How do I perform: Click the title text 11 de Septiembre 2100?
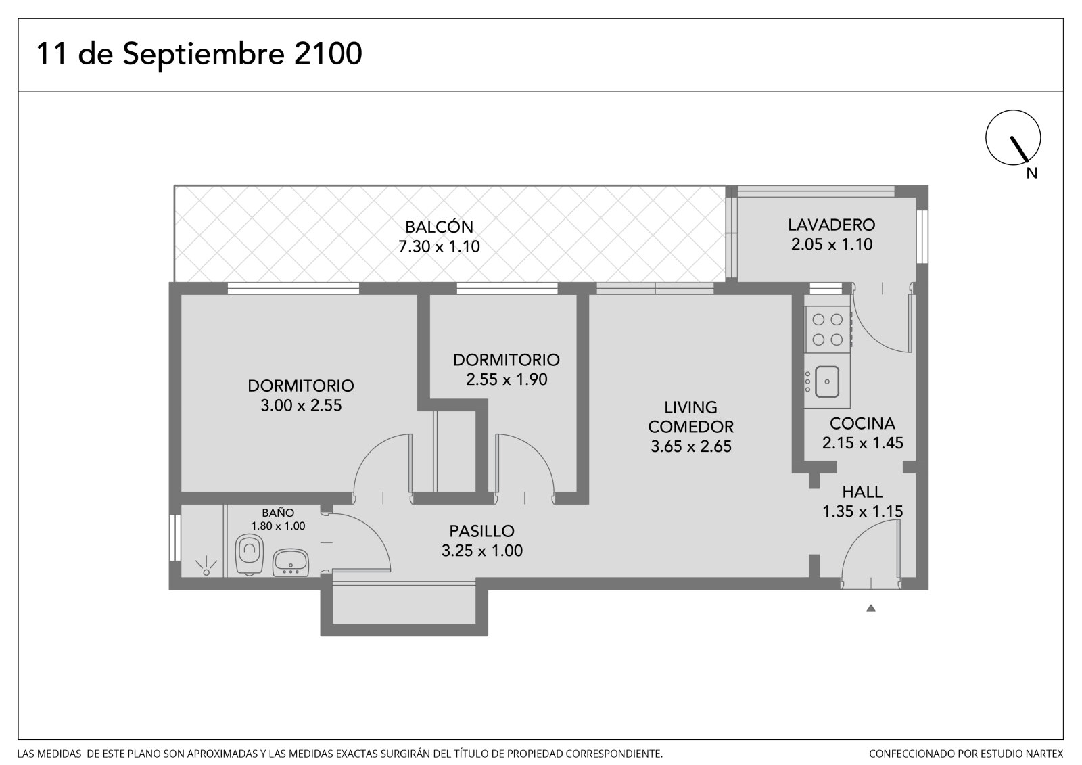pyautogui.click(x=199, y=53)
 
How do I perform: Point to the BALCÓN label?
pyautogui.click(x=439, y=227)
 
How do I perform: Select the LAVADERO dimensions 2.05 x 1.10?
pyautogui.click(x=831, y=245)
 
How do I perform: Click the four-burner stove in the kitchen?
pyautogui.click(x=827, y=329)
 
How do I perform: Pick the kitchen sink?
pyautogui.click(x=826, y=381)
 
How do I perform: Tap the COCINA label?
pyautogui.click(x=862, y=424)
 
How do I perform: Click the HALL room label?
pyautogui.click(x=862, y=492)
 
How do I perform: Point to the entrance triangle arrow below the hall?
pyautogui.click(x=871, y=609)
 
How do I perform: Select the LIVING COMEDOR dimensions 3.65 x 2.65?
pyautogui.click(x=690, y=446)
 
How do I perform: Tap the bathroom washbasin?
pyautogui.click(x=291, y=563)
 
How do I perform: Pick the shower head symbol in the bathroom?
pyautogui.click(x=206, y=566)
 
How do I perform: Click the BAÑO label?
pyautogui.click(x=278, y=513)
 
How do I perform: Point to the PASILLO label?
pyautogui.click(x=481, y=531)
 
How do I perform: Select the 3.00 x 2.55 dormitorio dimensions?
pyautogui.click(x=301, y=405)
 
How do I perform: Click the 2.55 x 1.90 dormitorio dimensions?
pyautogui.click(x=507, y=379)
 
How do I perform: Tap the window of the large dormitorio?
pyautogui.click(x=293, y=289)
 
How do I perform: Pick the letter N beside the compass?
pyautogui.click(x=1032, y=173)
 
